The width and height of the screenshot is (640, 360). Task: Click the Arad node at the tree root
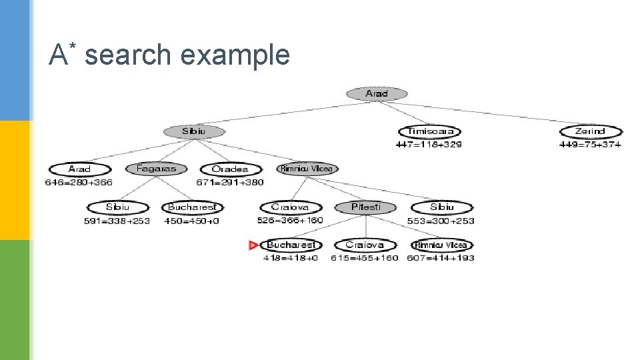(x=377, y=94)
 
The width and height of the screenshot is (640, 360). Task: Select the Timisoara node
(x=430, y=132)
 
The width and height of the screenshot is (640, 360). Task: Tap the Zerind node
(x=590, y=132)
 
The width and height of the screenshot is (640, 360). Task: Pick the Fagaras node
(x=156, y=169)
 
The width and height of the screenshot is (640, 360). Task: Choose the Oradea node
(x=230, y=169)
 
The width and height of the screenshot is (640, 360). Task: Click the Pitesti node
(x=365, y=207)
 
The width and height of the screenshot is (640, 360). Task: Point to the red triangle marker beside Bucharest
(x=253, y=245)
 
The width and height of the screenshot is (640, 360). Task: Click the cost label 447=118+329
(x=429, y=144)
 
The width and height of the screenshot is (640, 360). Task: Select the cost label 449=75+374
(x=590, y=144)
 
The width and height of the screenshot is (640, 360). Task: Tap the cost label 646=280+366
(x=79, y=182)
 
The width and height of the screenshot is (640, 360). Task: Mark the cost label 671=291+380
(x=230, y=182)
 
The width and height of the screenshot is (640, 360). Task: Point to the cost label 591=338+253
(x=117, y=220)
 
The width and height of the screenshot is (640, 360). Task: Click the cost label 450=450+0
(x=191, y=220)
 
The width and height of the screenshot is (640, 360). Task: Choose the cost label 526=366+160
(x=290, y=220)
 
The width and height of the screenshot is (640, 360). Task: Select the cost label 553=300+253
(x=441, y=220)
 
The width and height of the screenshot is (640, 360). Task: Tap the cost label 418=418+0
(x=291, y=258)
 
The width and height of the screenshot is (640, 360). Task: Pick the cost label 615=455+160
(x=365, y=258)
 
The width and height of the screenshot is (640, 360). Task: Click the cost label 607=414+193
(x=441, y=258)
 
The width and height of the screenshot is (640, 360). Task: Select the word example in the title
(x=235, y=56)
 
